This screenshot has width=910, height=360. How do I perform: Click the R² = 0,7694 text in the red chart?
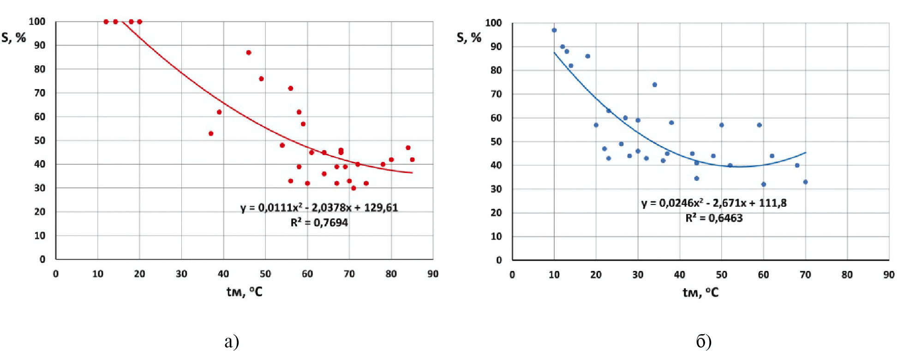tap(319, 222)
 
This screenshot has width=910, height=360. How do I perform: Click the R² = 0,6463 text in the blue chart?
tap(714, 218)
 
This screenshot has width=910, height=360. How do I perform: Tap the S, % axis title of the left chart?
tap(14, 37)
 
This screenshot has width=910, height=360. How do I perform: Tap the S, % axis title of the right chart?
tap(469, 37)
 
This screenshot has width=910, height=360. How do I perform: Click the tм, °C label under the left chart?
tap(244, 292)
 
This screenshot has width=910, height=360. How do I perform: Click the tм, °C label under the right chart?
tap(700, 292)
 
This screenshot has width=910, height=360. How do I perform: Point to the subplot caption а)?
tap(232, 342)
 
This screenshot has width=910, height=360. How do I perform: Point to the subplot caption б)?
tap(704, 342)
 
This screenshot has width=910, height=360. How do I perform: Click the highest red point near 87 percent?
tap(249, 53)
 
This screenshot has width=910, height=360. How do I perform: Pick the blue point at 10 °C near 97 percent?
tap(554, 30)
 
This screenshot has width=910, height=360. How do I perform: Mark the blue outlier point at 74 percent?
tap(655, 85)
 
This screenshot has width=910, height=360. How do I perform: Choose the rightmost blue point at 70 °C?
tap(805, 182)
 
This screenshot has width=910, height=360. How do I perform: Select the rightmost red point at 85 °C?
tap(412, 160)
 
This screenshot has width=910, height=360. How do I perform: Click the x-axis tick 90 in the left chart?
tap(433, 274)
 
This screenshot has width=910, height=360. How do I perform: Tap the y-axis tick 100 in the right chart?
tap(493, 23)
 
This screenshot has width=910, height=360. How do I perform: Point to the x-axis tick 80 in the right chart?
tap(847, 275)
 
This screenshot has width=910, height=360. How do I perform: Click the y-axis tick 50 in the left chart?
tap(40, 140)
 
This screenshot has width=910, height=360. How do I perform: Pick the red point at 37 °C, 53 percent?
tap(211, 133)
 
